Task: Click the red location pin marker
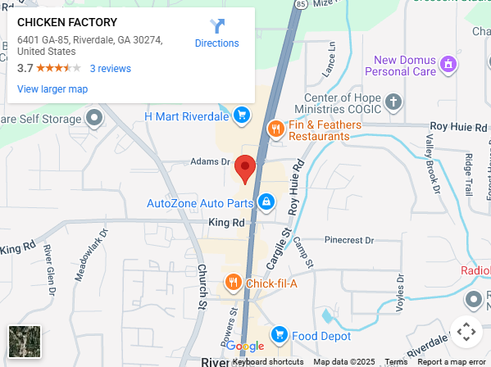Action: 245,169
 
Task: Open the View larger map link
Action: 52,88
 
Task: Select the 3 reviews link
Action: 110,68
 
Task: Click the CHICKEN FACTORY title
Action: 67,22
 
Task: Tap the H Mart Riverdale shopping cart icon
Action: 241,116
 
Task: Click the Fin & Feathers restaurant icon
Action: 276,128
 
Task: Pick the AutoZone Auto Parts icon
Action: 266,201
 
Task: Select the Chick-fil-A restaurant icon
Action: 233,283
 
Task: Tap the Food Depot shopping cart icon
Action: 279,334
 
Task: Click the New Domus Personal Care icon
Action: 448,63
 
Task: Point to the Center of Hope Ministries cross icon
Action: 394,102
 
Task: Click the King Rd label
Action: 226,222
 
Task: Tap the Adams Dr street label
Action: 211,161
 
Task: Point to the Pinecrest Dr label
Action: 348,240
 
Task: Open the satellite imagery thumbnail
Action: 25,341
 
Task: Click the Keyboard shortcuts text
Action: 268,361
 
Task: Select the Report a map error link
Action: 451,361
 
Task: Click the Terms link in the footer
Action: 396,361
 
